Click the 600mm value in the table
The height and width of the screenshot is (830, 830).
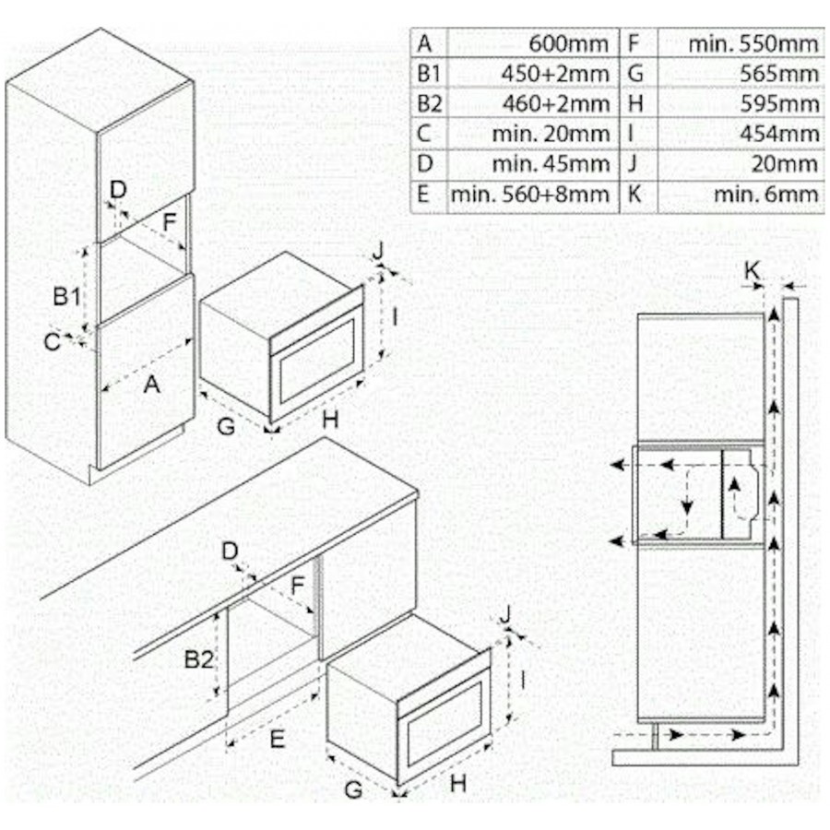pos(569,42)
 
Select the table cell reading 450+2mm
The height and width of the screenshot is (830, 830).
pos(555,73)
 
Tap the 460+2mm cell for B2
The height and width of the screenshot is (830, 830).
pos(555,102)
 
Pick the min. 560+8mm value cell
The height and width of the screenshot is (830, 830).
pos(530,194)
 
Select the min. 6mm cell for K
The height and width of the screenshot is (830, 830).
pos(765,194)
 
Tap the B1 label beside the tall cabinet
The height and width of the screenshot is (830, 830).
pos(65,297)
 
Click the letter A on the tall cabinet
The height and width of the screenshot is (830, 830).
pos(151,385)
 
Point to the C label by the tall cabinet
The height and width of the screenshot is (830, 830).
pos(52,341)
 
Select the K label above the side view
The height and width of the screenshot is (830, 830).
pos(753,270)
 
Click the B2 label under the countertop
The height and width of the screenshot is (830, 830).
pos(199,659)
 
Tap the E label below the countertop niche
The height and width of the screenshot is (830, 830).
pos(277,738)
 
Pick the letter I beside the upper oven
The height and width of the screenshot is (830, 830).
pos(395,316)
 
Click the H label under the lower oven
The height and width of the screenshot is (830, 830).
pos(458,784)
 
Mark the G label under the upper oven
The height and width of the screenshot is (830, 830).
pos(225,425)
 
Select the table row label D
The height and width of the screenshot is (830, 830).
pos(424,163)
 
